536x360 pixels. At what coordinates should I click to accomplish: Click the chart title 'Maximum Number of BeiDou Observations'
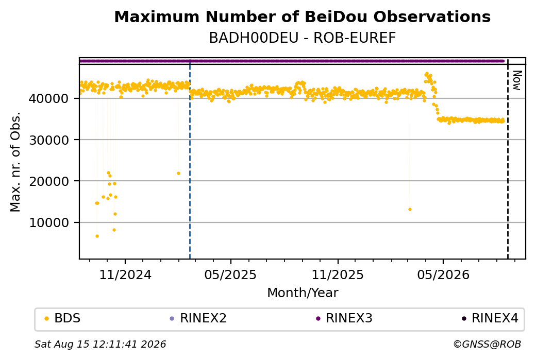(x=302, y=16)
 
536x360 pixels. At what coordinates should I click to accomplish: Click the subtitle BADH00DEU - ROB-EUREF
(x=302, y=38)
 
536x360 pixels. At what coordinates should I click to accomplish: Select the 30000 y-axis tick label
(x=48, y=140)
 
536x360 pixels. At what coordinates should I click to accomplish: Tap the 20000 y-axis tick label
(x=48, y=181)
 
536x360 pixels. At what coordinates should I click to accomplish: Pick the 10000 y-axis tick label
(x=48, y=222)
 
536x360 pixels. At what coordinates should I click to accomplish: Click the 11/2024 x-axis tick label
(x=125, y=275)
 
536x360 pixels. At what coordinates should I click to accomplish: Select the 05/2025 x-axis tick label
(x=230, y=275)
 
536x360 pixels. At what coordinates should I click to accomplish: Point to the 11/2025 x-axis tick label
(x=338, y=275)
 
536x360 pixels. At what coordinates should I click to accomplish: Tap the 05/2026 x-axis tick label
(x=443, y=275)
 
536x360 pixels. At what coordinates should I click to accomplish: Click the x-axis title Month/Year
(x=303, y=293)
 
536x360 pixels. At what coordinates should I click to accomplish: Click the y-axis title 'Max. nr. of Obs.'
(x=15, y=162)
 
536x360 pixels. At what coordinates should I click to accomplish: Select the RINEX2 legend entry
(x=198, y=318)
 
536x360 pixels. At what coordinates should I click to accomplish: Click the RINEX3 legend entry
(x=344, y=318)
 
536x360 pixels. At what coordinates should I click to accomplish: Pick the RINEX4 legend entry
(x=490, y=318)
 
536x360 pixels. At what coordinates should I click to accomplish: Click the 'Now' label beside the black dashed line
(x=517, y=81)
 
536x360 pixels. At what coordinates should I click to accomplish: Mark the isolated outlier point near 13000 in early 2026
(x=410, y=210)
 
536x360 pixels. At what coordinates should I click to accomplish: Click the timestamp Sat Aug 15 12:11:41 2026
(x=100, y=344)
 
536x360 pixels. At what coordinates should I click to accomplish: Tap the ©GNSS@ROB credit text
(x=487, y=344)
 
